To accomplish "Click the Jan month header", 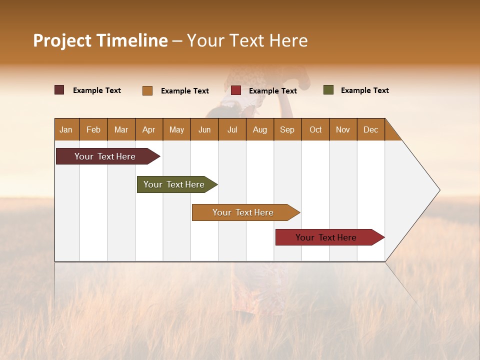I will [x=66, y=129].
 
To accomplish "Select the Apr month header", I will [x=148, y=129].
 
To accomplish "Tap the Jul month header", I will [x=232, y=129].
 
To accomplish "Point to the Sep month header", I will [x=287, y=129].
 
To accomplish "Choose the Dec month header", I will [x=370, y=129].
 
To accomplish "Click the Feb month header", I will [x=93, y=129].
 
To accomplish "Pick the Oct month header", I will [x=315, y=129].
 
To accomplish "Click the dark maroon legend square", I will [x=59, y=90].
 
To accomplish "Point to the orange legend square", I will [x=147, y=90].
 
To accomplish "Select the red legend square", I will [x=236, y=90].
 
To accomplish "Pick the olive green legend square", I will [x=328, y=90].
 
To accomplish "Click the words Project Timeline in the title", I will [x=100, y=40].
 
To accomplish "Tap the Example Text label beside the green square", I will [x=364, y=90].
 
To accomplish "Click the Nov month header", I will [x=343, y=129].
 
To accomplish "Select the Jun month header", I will [x=204, y=129].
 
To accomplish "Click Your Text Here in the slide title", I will [x=247, y=40].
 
